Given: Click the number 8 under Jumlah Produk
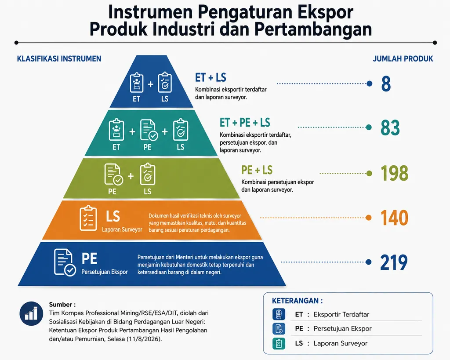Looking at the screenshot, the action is tap(386, 84).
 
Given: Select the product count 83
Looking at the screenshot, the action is tap(390, 128).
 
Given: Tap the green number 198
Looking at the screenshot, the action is tap(394, 173).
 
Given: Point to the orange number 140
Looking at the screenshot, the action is tap(394, 218).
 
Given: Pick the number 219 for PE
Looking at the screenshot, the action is tap(394, 262).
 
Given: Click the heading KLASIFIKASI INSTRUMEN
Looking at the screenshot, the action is tap(59, 59).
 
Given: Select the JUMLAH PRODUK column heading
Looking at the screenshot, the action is tap(403, 59).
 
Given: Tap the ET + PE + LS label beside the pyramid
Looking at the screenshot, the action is tap(245, 123).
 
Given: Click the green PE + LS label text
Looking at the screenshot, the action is tap(257, 170).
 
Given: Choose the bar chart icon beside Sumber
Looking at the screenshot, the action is tap(31, 313).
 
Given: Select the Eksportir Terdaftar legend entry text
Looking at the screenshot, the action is tap(341, 314).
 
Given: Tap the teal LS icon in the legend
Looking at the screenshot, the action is tap(279, 344).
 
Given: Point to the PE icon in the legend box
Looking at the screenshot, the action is tap(279, 329).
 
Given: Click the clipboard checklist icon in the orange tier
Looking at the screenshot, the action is tap(88, 218).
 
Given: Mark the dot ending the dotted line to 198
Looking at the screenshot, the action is tap(369, 173).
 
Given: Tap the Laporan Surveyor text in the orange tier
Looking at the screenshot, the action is tap(122, 229).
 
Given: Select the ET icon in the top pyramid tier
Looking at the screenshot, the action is tap(137, 83).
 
